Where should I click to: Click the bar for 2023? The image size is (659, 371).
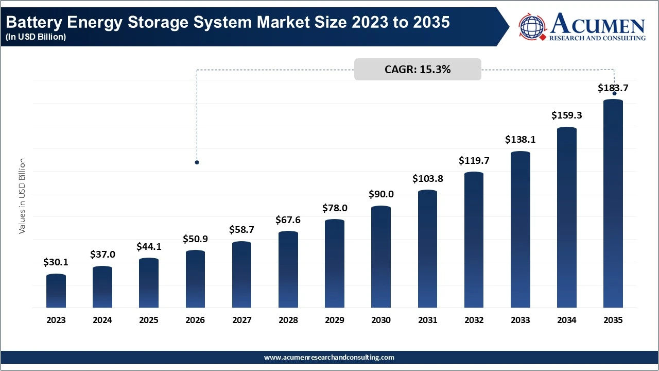[x=56, y=291]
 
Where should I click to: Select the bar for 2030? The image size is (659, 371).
[x=381, y=257]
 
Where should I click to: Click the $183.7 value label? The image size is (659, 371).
[x=613, y=88]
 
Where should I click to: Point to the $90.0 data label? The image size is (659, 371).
[x=381, y=194]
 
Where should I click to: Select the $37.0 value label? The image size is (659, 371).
[x=102, y=255]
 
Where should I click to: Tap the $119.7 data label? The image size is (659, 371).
[x=474, y=161]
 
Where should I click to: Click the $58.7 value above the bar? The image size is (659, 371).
[x=241, y=230]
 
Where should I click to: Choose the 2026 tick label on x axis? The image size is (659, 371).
[x=195, y=320]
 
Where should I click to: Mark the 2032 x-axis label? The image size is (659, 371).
[x=474, y=320]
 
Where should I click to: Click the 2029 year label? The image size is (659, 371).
[x=335, y=320]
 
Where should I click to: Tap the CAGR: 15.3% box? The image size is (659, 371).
[x=418, y=70]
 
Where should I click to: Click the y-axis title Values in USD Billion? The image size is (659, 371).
[x=22, y=196]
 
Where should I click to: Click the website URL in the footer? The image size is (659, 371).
[x=329, y=357]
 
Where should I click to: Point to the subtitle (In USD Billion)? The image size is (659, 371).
[x=36, y=37]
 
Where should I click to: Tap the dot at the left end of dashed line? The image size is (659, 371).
[x=197, y=162]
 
